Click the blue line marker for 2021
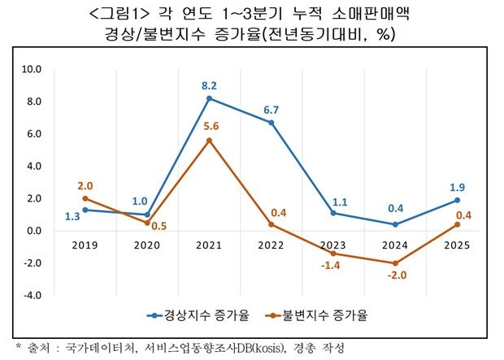[x=210, y=98]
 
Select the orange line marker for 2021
[x=210, y=141]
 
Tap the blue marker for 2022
[x=272, y=123]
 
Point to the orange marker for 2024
[x=395, y=263]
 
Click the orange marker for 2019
[x=85, y=198]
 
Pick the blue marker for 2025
[x=457, y=200]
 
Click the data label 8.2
[x=210, y=85]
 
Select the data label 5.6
[x=210, y=126]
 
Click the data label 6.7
[x=272, y=109]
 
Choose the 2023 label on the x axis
[x=333, y=244]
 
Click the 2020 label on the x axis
[x=148, y=244]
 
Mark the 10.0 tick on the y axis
[x=31, y=70]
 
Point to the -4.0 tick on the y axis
[x=31, y=295]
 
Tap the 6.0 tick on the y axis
[x=33, y=134]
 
